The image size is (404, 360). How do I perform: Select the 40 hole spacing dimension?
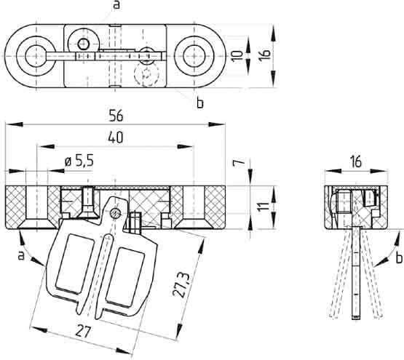click(x=114, y=136)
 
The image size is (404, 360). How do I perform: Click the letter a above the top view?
click(x=116, y=6)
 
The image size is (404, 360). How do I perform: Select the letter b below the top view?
click(x=199, y=103)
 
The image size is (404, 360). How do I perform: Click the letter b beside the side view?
click(x=398, y=257)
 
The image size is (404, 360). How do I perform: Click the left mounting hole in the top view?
click(x=35, y=54)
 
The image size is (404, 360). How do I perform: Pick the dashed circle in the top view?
click(x=148, y=73)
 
